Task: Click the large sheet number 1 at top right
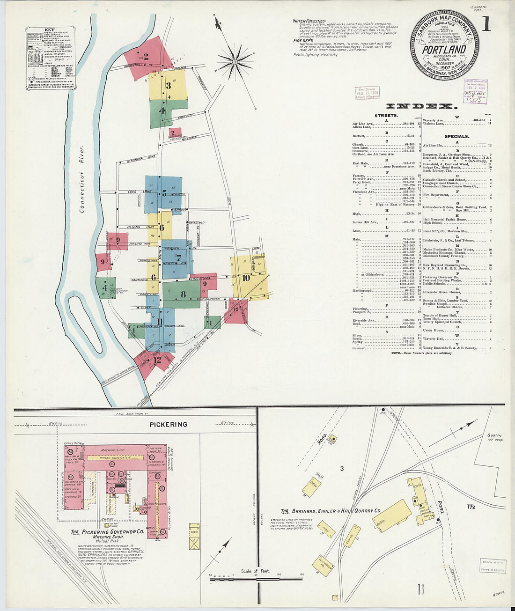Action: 486,24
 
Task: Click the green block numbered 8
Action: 183,294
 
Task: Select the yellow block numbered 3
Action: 168,85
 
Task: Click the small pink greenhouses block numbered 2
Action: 174,133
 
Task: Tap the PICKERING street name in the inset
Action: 168,425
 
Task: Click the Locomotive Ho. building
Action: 326,566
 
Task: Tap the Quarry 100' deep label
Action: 493,437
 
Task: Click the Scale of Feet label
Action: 255,571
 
